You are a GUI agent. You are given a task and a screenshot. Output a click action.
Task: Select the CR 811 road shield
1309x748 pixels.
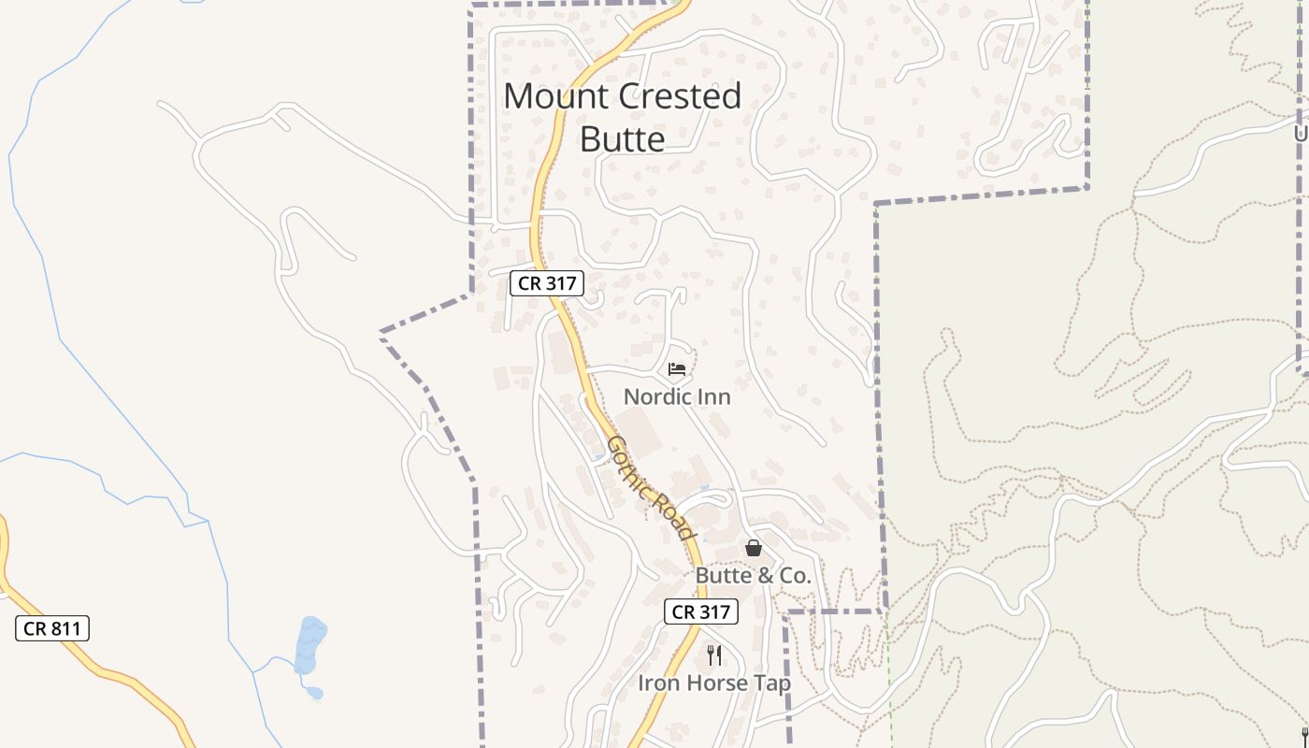[52, 628]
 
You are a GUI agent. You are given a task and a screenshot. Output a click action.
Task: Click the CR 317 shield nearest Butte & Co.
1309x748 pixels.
[701, 611]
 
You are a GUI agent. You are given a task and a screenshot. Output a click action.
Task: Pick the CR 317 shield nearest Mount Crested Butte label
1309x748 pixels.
[547, 282]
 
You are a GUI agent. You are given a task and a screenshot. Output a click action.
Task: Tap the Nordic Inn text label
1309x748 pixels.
[677, 397]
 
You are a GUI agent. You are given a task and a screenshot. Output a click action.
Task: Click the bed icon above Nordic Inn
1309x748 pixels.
[677, 369]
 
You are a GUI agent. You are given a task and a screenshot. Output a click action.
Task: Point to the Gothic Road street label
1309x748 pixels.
[651, 487]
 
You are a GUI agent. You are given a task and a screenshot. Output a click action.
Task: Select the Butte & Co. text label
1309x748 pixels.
[753, 576]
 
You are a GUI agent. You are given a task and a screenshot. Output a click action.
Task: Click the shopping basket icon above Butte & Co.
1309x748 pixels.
[754, 548]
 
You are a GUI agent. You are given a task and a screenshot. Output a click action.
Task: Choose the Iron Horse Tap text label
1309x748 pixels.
[714, 683]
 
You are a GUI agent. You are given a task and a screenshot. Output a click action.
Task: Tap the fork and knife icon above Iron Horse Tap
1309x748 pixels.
[714, 654]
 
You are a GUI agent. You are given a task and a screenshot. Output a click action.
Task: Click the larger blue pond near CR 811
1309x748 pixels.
[310, 645]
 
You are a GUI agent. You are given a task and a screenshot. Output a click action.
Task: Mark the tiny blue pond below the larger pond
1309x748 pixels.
[314, 693]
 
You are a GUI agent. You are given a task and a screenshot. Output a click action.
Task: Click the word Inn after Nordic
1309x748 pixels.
[714, 397]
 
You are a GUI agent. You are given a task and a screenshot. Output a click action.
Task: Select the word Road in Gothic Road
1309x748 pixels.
[675, 517]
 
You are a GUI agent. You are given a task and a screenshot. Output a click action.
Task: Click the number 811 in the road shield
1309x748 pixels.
[65, 628]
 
